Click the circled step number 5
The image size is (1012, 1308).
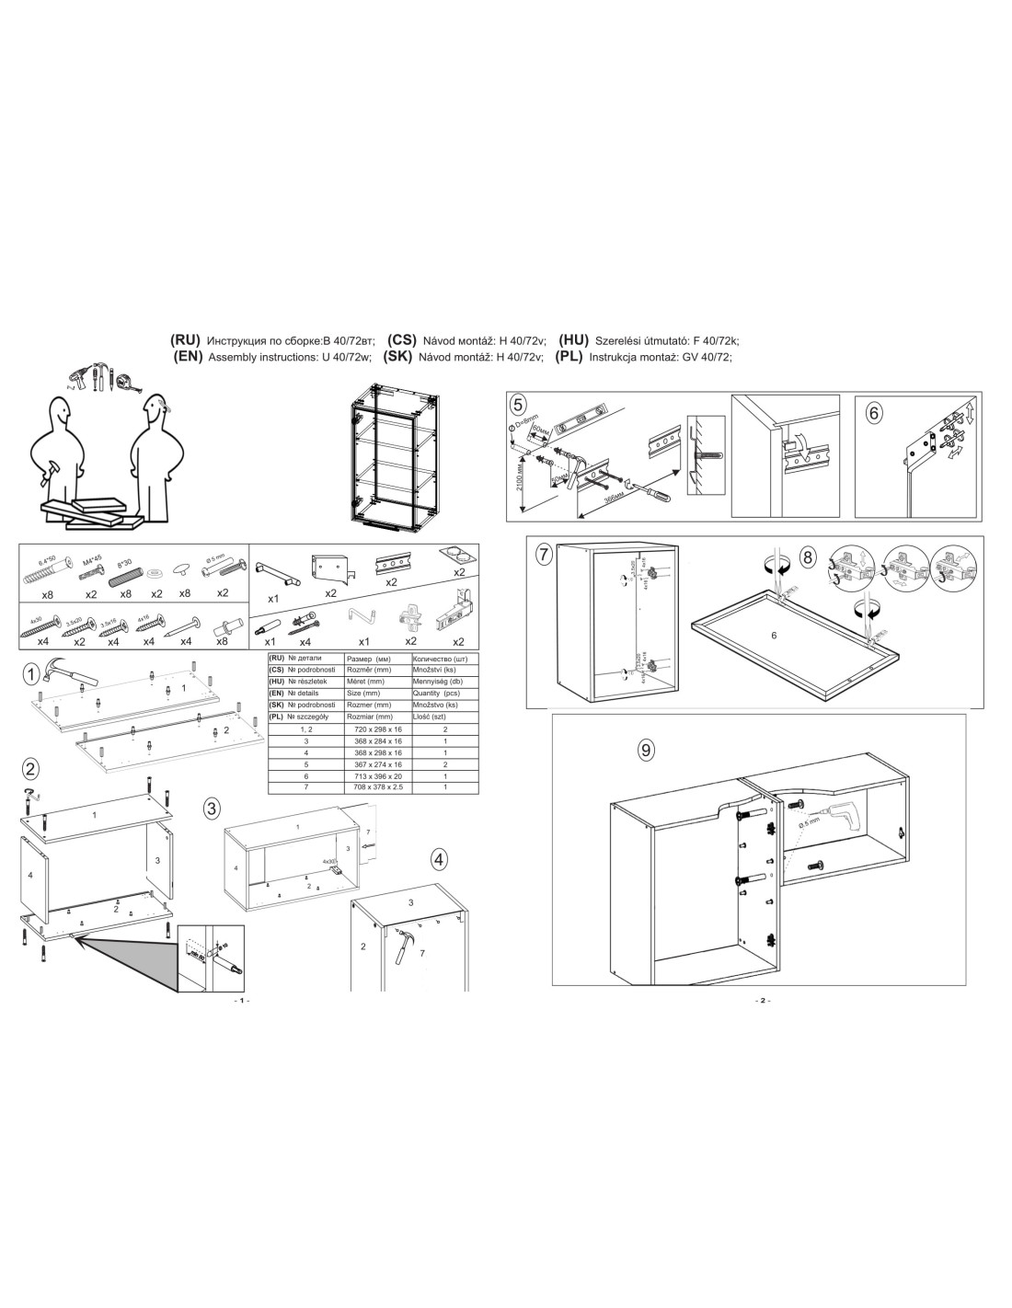pyautogui.click(x=519, y=405)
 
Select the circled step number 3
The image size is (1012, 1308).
pyautogui.click(x=212, y=809)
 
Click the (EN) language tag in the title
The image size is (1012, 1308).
pyautogui.click(x=188, y=358)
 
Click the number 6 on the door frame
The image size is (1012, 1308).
pyautogui.click(x=774, y=636)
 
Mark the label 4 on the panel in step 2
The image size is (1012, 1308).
pyautogui.click(x=31, y=876)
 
